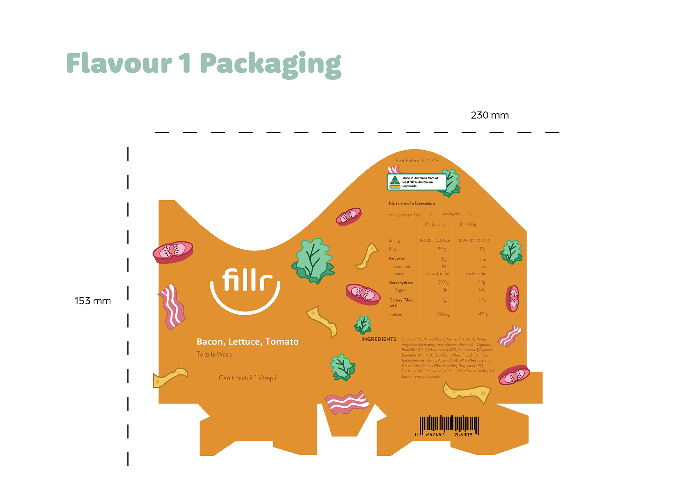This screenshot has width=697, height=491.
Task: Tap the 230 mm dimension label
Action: [x=489, y=115]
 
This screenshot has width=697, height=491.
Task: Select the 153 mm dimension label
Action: [x=93, y=301]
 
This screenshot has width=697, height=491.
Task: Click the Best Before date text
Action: [x=417, y=160]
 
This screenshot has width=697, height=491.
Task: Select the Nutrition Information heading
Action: [x=412, y=204]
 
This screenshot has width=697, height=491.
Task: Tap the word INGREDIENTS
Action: [x=378, y=339]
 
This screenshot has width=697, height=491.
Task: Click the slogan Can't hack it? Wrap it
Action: [x=248, y=378]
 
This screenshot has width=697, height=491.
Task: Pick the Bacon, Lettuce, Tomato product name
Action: [x=247, y=341]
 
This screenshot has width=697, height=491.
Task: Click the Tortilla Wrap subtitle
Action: [x=214, y=354]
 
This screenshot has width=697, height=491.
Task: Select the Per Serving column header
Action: [x=435, y=224]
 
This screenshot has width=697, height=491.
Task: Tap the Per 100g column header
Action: [x=468, y=224]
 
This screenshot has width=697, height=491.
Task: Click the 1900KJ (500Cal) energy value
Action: [x=435, y=240]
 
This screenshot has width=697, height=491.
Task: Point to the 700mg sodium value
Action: [x=443, y=314]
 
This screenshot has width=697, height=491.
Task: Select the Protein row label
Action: [x=395, y=249]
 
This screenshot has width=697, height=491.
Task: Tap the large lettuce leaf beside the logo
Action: [x=313, y=260]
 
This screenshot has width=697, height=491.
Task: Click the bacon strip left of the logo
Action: [x=172, y=307]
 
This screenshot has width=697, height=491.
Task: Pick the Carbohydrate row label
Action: [x=401, y=283]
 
